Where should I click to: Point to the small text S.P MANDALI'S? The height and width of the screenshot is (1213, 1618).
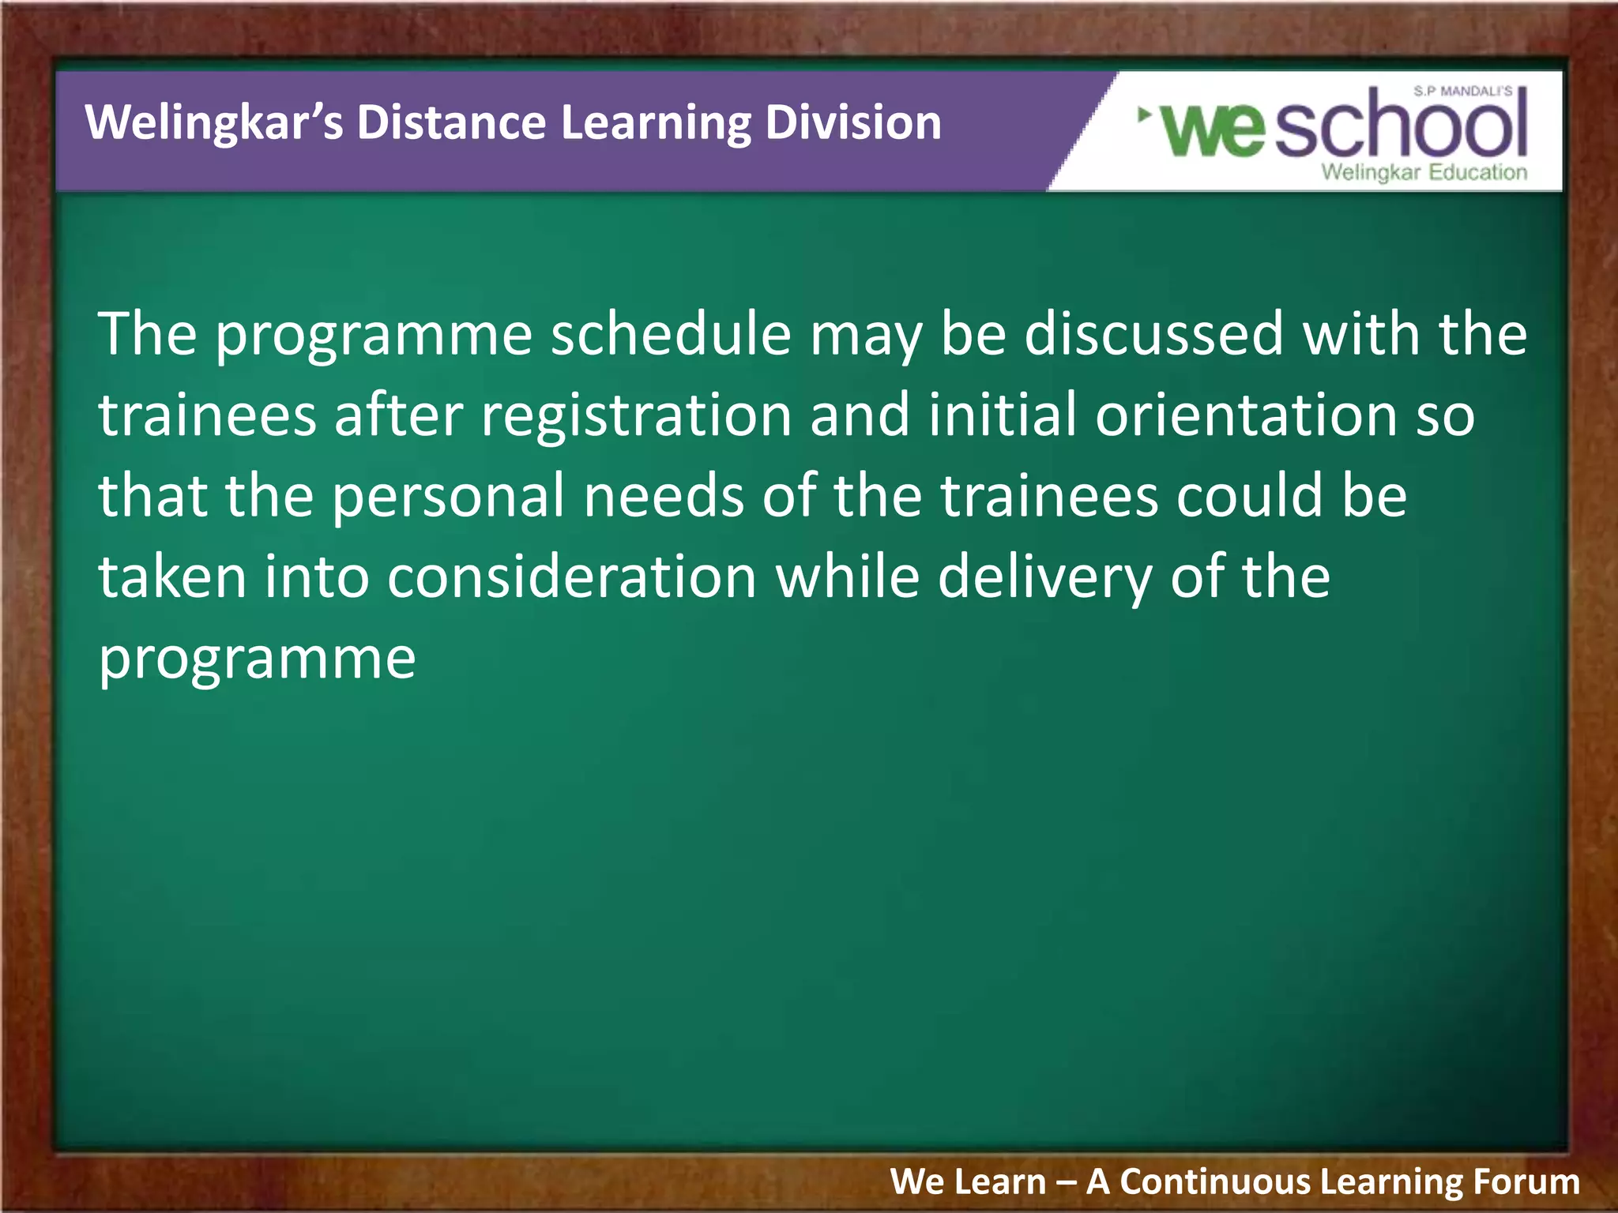pyautogui.click(x=1462, y=92)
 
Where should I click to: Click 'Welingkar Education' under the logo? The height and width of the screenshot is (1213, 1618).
pyautogui.click(x=1424, y=172)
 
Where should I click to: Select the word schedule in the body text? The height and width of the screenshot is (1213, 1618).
pyautogui.click(x=671, y=334)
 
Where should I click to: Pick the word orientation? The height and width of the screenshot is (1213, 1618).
pyautogui.click(x=1246, y=416)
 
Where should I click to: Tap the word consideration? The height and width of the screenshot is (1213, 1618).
pyautogui.click(x=572, y=577)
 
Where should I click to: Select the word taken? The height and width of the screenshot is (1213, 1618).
pyautogui.click(x=172, y=577)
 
